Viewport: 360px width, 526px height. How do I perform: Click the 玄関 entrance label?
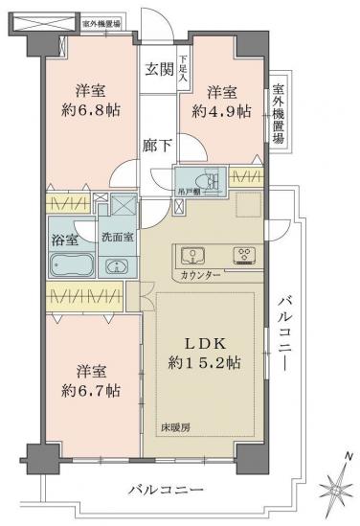point(158,69)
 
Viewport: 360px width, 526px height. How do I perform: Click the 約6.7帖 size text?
point(93,390)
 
